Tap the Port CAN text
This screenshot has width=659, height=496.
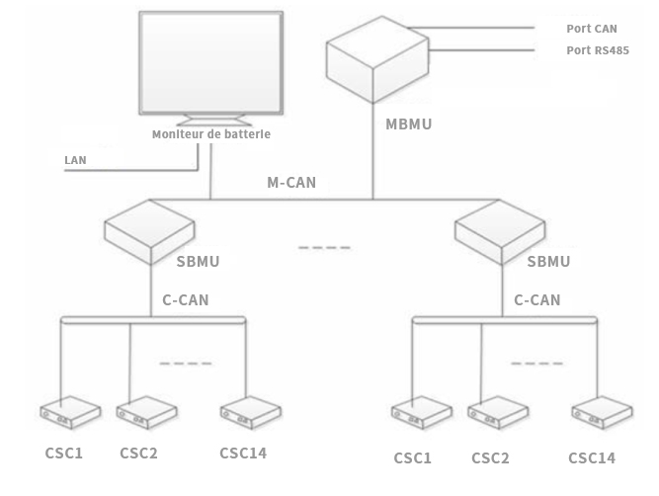[x=592, y=30]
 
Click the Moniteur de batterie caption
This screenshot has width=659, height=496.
[x=210, y=134]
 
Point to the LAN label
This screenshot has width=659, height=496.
[x=75, y=159]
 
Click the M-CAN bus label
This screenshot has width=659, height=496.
[x=291, y=183]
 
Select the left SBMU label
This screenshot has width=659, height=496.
[x=197, y=262]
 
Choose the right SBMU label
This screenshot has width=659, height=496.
[x=548, y=262]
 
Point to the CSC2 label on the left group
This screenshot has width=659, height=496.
[x=138, y=454]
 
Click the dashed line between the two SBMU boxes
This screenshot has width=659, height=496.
[x=324, y=247]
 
